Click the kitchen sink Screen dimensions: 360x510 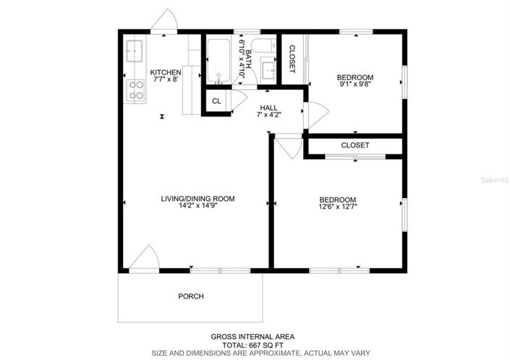pos(134,51)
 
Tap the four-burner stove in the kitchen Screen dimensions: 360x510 pos(135,90)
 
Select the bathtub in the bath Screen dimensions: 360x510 pos(218,61)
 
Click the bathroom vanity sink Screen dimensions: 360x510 pos(267,70)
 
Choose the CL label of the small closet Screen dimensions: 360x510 pos(216,101)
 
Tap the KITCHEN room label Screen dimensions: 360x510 pos(166,73)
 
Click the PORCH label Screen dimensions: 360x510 pos(191,296)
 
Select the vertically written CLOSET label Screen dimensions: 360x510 pos(292,59)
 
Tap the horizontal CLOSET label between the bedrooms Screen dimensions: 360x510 pos(355,145)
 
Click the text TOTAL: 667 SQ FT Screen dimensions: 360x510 pos(253,345)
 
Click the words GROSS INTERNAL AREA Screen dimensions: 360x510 pos(253,336)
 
